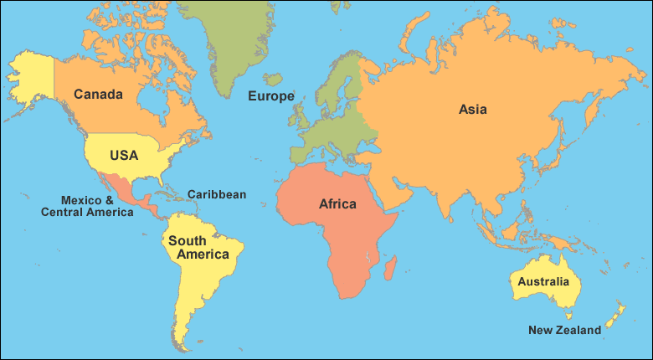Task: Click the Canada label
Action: pyautogui.click(x=98, y=94)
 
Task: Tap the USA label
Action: pyautogui.click(x=123, y=155)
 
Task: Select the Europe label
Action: pyautogui.click(x=270, y=96)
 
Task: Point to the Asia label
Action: pyautogui.click(x=472, y=109)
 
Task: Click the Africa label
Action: pyautogui.click(x=337, y=203)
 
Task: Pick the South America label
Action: pyautogui.click(x=198, y=247)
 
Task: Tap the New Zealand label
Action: pyautogui.click(x=564, y=330)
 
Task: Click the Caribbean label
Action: pyautogui.click(x=216, y=194)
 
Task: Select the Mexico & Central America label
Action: pyautogui.click(x=87, y=206)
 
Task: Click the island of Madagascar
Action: pyautogui.click(x=389, y=268)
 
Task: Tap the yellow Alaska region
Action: pyautogui.click(x=29, y=71)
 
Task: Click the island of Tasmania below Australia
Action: pyautogui.click(x=569, y=316)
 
